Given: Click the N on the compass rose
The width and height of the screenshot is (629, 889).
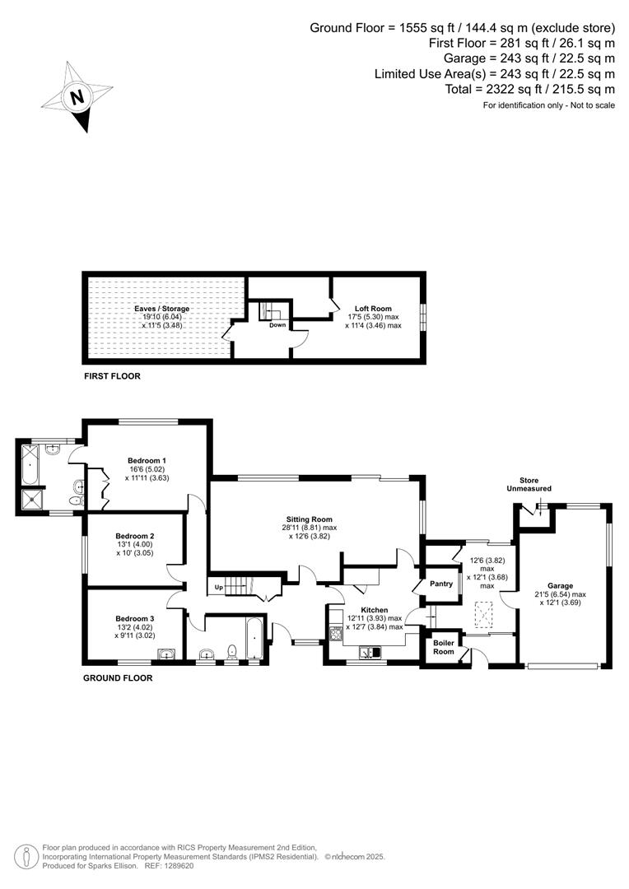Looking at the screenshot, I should tap(77, 96).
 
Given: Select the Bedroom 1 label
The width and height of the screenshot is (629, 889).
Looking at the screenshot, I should tap(147, 460).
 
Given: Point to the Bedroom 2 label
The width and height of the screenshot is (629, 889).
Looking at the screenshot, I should tap(135, 536).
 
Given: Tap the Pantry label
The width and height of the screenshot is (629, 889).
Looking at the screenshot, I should tap(441, 584).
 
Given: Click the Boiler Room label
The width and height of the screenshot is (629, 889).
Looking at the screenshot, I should tap(444, 647).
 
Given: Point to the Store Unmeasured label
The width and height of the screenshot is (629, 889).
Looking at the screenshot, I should tap(529, 484).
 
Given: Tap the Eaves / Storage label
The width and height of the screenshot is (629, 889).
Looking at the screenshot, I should tap(162, 309).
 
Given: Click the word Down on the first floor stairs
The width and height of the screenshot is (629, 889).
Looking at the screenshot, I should tap(277, 324).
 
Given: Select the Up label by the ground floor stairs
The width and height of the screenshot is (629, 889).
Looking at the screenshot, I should tap(219, 588).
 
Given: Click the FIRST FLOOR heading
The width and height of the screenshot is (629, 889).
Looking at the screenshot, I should tap(112, 376).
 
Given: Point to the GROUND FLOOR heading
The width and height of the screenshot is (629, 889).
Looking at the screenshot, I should tap(118, 678).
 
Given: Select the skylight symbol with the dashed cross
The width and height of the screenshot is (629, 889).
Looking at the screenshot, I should tap(485, 610).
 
